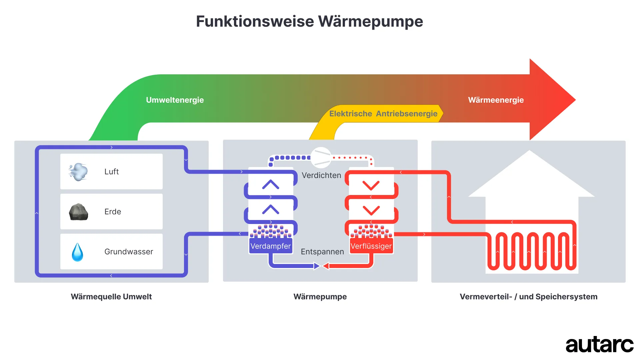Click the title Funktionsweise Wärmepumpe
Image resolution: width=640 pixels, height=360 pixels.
[x=309, y=21]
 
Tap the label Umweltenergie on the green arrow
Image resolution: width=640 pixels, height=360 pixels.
[x=175, y=100]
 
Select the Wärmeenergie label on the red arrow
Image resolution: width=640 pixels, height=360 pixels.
[x=496, y=100]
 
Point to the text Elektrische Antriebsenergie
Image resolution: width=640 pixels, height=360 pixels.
[x=383, y=114]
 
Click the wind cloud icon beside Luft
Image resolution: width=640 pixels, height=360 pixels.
[x=78, y=172]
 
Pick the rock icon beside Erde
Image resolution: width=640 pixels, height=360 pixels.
[x=78, y=212]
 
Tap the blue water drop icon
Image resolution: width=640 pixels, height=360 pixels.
[x=78, y=252]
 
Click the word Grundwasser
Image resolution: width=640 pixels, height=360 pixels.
[x=129, y=252]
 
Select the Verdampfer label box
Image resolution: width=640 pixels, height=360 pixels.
[x=271, y=246]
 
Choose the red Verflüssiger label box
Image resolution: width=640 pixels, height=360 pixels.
[x=371, y=246]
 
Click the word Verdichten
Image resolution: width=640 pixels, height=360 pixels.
[x=321, y=175]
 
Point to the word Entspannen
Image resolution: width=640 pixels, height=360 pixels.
[x=322, y=252]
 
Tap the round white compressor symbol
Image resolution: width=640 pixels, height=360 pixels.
[x=321, y=157]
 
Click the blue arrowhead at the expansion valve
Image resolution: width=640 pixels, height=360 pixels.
[x=317, y=266]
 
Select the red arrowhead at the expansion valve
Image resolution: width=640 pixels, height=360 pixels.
[x=326, y=266]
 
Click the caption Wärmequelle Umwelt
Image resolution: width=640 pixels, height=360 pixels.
[x=111, y=297]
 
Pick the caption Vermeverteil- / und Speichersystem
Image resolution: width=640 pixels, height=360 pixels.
[x=528, y=297]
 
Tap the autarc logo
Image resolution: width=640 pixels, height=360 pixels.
[x=599, y=345]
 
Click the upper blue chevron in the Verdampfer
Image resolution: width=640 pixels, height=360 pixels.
[x=271, y=184]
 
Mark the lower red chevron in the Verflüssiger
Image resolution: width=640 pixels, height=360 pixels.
[x=371, y=210]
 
